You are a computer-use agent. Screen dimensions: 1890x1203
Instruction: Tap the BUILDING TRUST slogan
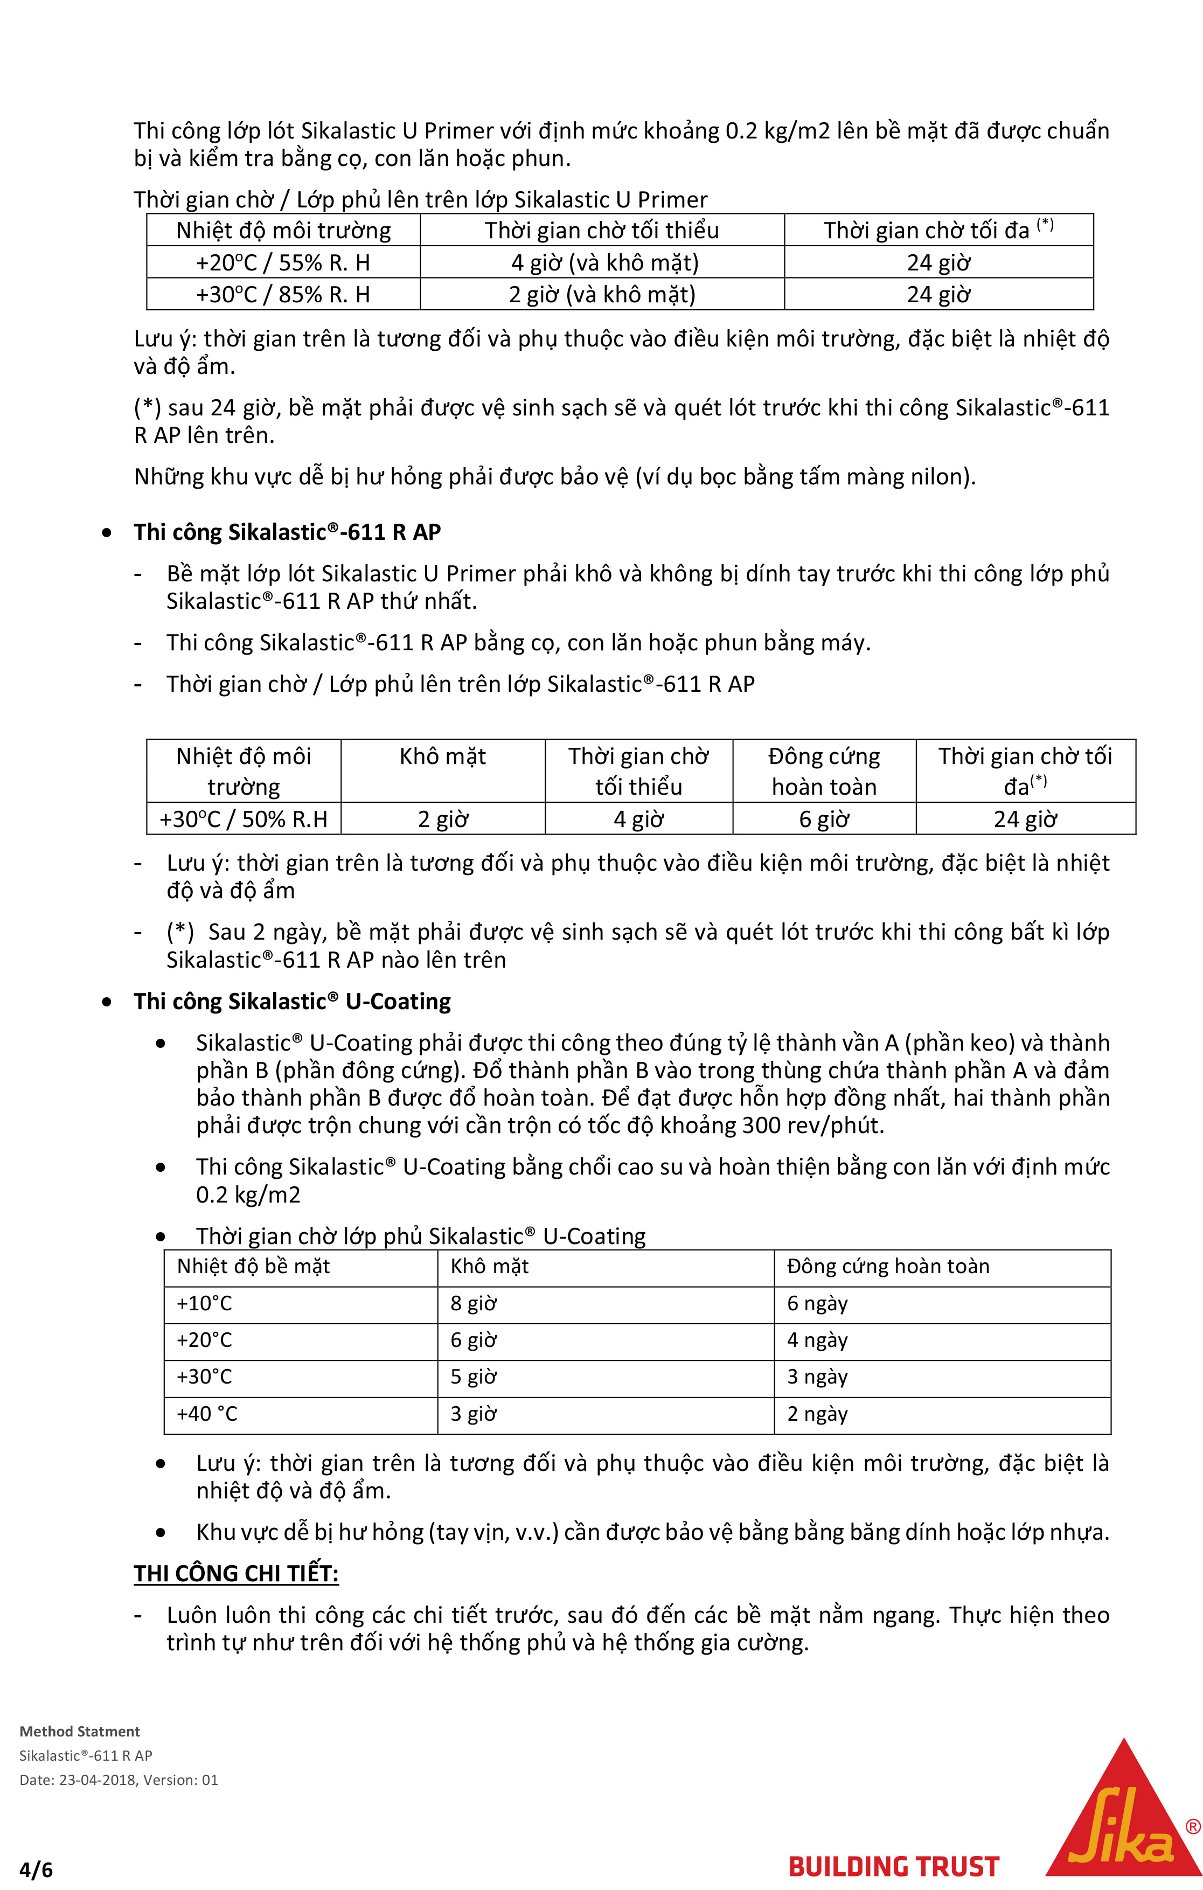pos(893,1866)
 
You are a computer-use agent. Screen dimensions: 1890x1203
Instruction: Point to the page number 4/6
pos(36,1870)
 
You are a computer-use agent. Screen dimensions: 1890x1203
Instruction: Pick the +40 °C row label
pos(206,1414)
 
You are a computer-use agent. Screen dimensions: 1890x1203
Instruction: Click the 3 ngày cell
pos(817,1377)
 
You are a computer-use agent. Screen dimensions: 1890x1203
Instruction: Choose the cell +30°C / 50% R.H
pos(244,818)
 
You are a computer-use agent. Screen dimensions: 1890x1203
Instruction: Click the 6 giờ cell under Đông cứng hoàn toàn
pos(824,818)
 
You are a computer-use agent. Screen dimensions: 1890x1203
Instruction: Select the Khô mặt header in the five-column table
pos(443,756)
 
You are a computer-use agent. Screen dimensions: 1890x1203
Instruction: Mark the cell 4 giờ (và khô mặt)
pos(604,262)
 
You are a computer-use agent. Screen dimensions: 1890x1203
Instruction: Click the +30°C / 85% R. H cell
pos(282,294)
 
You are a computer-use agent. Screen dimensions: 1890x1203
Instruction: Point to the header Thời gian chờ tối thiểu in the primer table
pos(601,230)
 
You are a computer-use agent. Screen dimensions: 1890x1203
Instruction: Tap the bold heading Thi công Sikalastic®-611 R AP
pos(287,532)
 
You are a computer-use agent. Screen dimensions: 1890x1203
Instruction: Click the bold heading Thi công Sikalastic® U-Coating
pos(292,1002)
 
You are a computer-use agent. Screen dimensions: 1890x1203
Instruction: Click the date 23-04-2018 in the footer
pos(98,1780)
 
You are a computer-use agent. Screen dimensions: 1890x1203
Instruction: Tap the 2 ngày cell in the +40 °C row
pos(817,1414)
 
